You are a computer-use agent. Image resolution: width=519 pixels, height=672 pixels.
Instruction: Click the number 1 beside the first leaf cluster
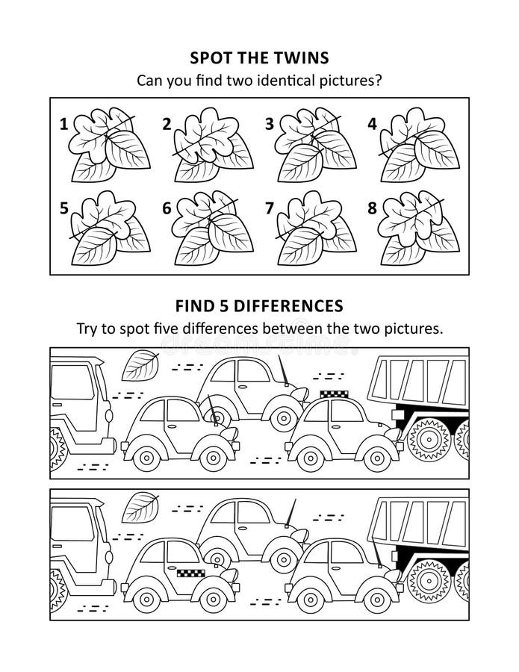pos(63,125)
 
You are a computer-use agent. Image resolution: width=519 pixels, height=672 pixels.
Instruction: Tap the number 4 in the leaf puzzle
pos(372,125)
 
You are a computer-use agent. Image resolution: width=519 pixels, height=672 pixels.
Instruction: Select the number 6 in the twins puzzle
pos(167,208)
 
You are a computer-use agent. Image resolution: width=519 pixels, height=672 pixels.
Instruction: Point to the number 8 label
pos(372,208)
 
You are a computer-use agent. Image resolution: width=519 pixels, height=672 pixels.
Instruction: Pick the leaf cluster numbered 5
pos(110,228)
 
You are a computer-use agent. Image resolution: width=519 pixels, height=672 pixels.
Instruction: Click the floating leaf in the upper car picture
pos(140,365)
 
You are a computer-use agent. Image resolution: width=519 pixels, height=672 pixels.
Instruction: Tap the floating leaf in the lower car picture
pos(140,507)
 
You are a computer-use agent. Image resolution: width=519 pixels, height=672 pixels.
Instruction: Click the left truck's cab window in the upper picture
pos(72,382)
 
